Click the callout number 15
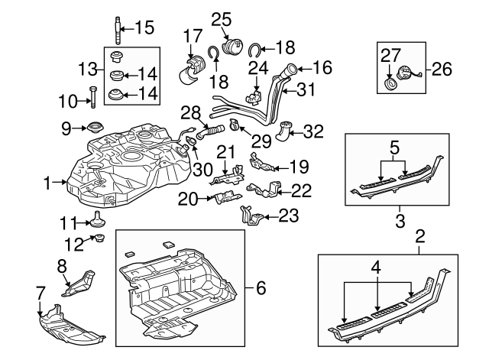tap(144, 28)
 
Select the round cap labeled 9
tap(96, 127)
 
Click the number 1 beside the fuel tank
tap(47, 183)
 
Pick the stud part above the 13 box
tap(119, 29)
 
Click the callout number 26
tap(442, 70)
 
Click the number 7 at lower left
tap(40, 291)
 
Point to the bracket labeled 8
tap(79, 281)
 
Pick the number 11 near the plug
tap(70, 222)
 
